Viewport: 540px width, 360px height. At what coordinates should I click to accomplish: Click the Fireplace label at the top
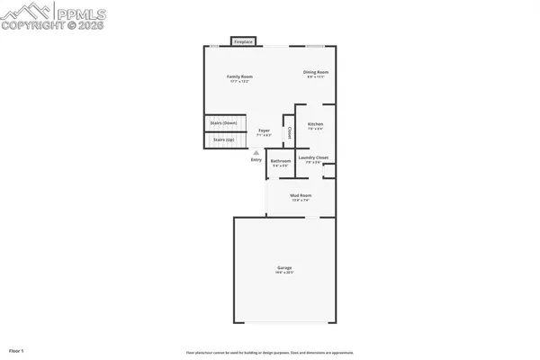coord(242,41)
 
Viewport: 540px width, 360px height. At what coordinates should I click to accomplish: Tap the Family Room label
coord(238,76)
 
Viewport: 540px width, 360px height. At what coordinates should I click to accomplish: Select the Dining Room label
coord(315,72)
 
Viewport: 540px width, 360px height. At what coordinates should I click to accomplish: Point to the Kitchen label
coord(315,123)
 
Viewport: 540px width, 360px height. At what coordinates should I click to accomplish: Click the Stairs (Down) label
coord(222,123)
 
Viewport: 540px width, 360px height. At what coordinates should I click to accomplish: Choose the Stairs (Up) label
coord(222,139)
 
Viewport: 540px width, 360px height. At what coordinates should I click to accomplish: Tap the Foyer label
coord(265,130)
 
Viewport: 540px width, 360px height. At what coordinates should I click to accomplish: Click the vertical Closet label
coord(289,132)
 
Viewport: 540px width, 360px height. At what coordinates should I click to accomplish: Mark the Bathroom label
coord(281,161)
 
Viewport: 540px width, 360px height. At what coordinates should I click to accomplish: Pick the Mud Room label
coord(301,195)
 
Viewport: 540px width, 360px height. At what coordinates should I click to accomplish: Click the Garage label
coord(284,268)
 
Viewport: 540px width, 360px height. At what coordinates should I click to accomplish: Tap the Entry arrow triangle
coord(256,152)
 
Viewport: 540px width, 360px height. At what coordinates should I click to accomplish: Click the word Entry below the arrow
coord(256,160)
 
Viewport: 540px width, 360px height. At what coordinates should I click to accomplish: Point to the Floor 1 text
coord(17,349)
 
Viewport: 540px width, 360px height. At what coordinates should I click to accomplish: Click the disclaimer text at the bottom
coord(269,352)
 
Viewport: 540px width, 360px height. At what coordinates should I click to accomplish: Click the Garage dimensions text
coord(284,273)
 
